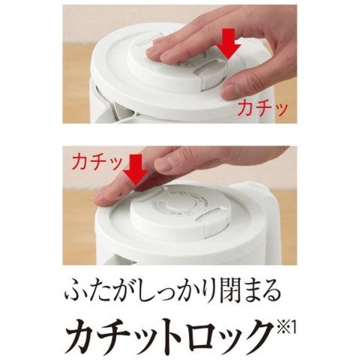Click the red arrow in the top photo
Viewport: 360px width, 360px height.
pyautogui.click(x=228, y=43)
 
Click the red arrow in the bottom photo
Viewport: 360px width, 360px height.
pyautogui.click(x=136, y=170)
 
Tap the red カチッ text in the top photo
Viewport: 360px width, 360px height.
pyautogui.click(x=262, y=108)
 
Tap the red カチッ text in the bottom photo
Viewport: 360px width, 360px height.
pyautogui.click(x=97, y=162)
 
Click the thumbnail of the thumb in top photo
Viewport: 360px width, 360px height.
pyautogui.click(x=231, y=91)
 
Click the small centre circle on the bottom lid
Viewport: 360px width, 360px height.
pyautogui.click(x=175, y=204)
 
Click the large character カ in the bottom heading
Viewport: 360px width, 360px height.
pyautogui.click(x=80, y=331)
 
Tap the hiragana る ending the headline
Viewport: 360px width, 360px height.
pyautogui.click(x=269, y=292)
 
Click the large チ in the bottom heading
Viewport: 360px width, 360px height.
pyautogui.click(x=112, y=331)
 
